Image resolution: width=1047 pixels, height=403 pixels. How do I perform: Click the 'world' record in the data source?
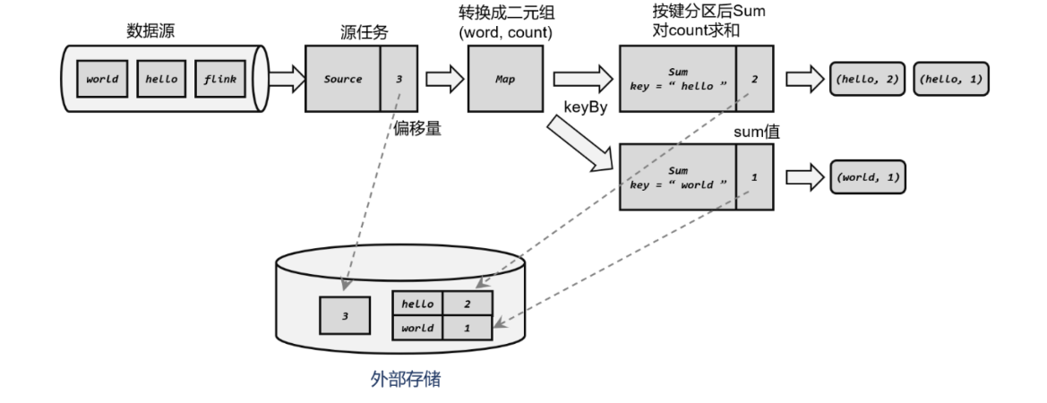coord(101,79)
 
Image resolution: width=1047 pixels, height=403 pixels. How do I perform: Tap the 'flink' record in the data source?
coord(220,79)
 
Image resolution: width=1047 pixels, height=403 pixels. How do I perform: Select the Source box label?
coord(343,79)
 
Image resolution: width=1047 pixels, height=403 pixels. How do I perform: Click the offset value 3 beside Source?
coord(399,79)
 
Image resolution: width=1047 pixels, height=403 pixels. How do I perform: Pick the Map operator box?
coord(505,79)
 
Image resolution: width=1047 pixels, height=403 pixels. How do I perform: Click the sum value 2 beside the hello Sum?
coord(754,79)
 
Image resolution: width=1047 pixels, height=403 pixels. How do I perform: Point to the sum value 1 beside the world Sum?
coord(754,176)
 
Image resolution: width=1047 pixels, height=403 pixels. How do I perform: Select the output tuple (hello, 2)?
coord(867,79)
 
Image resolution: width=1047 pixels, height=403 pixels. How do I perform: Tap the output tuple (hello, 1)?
coord(951,79)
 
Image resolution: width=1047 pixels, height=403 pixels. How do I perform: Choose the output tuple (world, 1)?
coord(867,176)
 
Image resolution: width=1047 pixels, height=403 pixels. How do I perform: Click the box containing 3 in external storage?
coord(345,315)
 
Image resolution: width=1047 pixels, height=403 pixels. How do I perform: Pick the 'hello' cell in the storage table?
coord(417,304)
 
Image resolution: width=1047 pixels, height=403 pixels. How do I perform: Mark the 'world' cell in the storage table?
coord(417,328)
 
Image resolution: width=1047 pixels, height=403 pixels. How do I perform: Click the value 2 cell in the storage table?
coord(468,304)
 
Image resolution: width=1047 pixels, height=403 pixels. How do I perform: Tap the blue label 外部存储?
coord(406,380)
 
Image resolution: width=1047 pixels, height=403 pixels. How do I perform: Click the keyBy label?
coord(587,107)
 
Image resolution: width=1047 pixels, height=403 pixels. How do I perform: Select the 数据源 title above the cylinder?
coord(150,30)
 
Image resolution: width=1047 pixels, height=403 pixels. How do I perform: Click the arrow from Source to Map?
coord(445,79)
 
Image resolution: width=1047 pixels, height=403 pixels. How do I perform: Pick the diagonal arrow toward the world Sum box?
coord(580,142)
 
